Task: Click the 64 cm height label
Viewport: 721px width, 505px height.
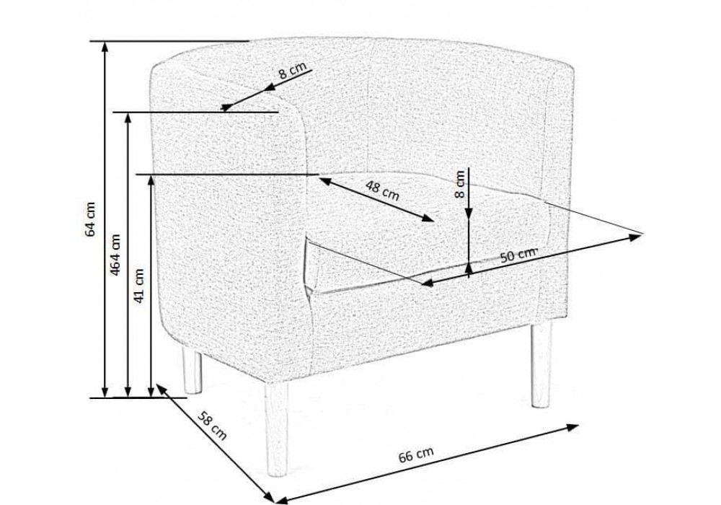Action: tap(91, 219)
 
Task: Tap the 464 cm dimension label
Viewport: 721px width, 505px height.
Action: tap(115, 255)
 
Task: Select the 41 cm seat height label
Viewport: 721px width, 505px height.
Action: tap(139, 285)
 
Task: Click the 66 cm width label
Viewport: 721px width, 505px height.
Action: tap(416, 455)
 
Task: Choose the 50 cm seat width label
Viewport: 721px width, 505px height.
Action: tap(518, 255)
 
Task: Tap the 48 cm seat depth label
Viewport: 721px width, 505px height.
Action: tap(383, 190)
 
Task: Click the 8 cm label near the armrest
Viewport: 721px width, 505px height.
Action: tap(293, 71)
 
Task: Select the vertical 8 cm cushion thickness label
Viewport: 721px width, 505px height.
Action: tap(459, 184)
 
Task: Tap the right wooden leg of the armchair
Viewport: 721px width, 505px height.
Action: tap(540, 364)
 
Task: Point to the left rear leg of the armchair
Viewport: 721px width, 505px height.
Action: tap(192, 370)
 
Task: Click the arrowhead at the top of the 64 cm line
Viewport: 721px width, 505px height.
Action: tap(106, 46)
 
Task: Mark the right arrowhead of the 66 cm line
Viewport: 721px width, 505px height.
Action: tap(573, 427)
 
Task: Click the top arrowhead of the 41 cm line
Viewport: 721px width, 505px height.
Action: tap(151, 180)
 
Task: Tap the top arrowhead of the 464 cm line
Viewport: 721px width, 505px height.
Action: tap(128, 118)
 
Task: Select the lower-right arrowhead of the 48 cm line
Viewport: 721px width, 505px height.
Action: tap(428, 219)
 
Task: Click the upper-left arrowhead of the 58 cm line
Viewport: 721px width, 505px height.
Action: tap(162, 389)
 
